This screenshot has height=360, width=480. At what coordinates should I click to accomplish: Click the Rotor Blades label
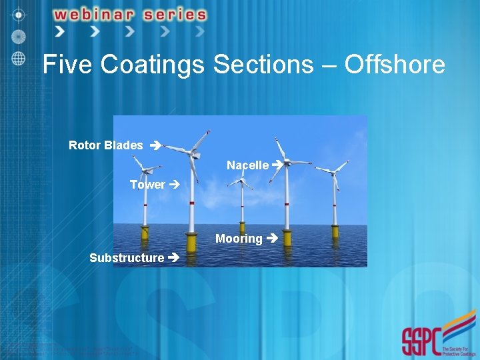tap(106, 145)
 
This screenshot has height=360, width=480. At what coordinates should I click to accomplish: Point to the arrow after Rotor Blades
tap(155, 145)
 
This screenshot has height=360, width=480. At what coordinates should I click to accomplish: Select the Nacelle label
tap(247, 165)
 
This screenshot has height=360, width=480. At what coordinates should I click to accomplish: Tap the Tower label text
tap(147, 185)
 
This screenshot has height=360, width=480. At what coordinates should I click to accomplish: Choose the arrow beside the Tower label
tap(175, 185)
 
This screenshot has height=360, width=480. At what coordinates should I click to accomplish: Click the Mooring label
tap(239, 239)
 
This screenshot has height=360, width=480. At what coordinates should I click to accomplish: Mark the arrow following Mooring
tap(271, 239)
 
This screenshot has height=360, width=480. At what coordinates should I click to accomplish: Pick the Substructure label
tap(127, 257)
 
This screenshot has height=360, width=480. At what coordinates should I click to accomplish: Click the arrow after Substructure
tap(173, 257)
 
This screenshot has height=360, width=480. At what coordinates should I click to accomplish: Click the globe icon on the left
tap(19, 58)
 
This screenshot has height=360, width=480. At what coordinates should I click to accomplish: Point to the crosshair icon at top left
tap(19, 14)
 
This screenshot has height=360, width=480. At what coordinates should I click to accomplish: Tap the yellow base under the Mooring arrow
tap(287, 238)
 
